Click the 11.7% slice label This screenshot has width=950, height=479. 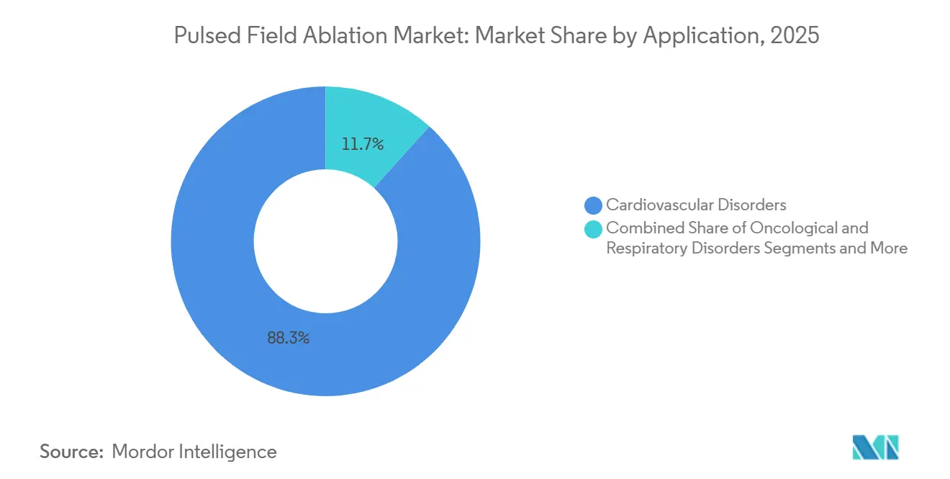[363, 144]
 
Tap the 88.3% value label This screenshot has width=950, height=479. [288, 337]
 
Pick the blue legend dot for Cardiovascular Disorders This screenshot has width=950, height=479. [594, 205]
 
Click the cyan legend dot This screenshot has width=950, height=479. [594, 229]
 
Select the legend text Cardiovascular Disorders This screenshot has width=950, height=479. [696, 205]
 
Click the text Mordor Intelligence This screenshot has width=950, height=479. [194, 452]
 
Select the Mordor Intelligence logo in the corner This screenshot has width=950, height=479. [875, 447]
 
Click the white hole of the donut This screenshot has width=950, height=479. [325, 241]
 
